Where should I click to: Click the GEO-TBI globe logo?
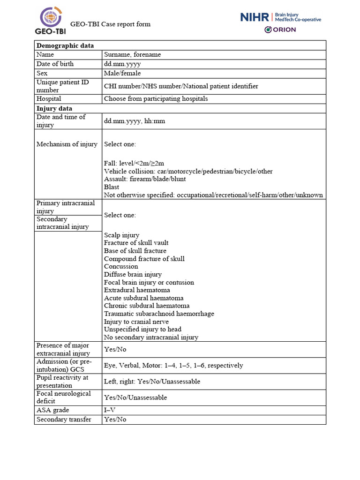50,17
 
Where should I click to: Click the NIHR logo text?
255,17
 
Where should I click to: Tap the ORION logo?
280,30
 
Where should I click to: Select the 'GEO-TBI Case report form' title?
110,24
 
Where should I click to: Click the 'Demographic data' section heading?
65,45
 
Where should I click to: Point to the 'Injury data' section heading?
54,108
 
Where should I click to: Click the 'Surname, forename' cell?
132,55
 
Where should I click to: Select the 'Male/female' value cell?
122,74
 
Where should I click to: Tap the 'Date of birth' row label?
55,64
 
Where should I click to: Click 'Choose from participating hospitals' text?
156,99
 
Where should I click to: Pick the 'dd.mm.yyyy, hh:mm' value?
135,121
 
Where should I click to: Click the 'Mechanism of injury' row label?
67,144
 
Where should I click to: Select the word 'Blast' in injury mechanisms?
112,187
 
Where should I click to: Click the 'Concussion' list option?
121,267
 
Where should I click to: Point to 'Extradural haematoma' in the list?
137,290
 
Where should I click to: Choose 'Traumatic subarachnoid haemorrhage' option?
159,314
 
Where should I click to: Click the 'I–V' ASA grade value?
109,410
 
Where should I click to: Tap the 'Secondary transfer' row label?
64,420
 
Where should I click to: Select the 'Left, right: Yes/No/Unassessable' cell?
152,382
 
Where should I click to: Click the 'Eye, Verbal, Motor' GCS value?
173,366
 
